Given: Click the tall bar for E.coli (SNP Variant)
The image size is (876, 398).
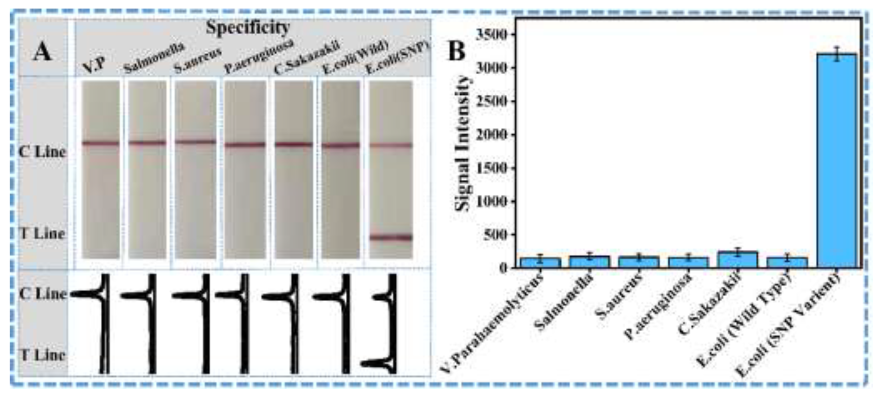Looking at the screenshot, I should click(x=837, y=163).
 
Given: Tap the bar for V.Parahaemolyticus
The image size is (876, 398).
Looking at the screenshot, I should click(x=540, y=263).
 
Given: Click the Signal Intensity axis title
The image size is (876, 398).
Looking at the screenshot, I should click(x=463, y=143).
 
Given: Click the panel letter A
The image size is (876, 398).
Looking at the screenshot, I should click(x=42, y=53).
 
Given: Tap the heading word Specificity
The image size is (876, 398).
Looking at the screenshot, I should click(x=248, y=27).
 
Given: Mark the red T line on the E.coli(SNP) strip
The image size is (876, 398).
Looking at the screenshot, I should click(x=391, y=237).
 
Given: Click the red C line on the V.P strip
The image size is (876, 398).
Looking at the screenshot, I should click(x=101, y=143).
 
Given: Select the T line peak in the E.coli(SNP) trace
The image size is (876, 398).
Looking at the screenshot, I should click(x=374, y=364).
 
